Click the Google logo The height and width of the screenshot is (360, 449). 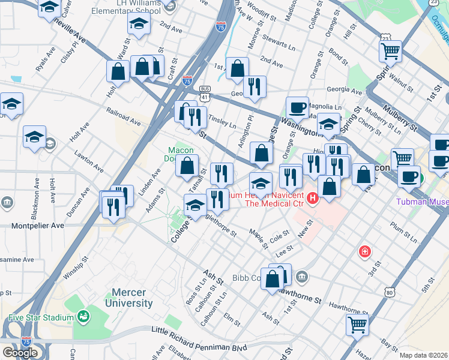coord(20,353)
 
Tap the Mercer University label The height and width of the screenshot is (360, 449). coord(128,298)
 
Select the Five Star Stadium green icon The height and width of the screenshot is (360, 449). coord(83,316)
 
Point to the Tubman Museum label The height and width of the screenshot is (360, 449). coord(422,202)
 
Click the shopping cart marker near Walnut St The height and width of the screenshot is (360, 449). coord(391,51)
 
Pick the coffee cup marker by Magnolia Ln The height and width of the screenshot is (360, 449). coord(297,107)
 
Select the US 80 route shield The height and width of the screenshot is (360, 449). coord(390,292)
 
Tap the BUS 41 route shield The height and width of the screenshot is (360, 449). coord(206,92)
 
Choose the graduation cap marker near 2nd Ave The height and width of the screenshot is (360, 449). coord(139,25)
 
